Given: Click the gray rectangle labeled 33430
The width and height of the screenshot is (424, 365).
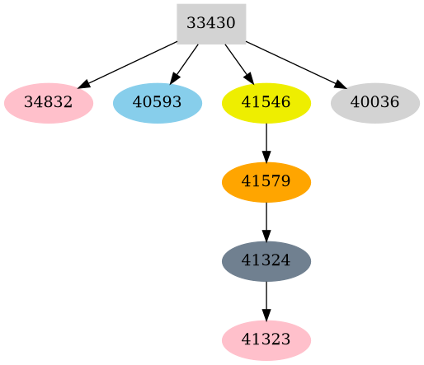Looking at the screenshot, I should tap(211, 23).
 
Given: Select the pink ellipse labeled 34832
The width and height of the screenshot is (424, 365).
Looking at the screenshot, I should tap(48, 103).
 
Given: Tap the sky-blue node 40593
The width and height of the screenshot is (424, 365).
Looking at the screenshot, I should tap(157, 103).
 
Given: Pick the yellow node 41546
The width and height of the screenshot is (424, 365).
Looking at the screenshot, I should tap(266, 103).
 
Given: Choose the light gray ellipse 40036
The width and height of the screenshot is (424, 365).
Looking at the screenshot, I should tap(375, 103).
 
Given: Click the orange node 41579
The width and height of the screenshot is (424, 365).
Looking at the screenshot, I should tap(266, 182).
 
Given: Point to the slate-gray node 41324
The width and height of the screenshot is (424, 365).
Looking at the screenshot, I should tap(266, 261).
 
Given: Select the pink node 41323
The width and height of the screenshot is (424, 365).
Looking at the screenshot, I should tap(266, 340).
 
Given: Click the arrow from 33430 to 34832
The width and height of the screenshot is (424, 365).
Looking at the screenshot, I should tap(128, 63).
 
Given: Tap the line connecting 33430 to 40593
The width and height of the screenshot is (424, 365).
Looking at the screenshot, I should tap(185, 63).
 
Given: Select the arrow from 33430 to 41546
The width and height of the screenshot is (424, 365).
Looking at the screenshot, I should tap(238, 63).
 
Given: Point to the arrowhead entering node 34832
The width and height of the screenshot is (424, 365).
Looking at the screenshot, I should tap(83, 84).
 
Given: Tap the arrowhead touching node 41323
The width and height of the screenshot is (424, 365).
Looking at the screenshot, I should tap(266, 315).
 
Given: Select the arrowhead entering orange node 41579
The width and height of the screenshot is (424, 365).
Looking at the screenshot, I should tap(266, 157).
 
